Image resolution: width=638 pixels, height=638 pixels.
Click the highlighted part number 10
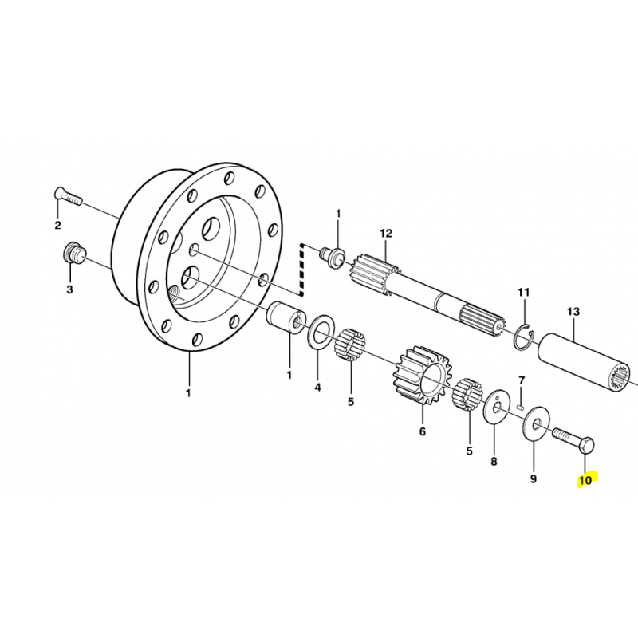[585, 480]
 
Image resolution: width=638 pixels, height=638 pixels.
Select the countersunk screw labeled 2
[68, 195]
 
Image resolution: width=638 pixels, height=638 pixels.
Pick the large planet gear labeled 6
[423, 376]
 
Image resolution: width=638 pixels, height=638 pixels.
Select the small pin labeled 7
[520, 406]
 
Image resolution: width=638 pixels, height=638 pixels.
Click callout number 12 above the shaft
[386, 234]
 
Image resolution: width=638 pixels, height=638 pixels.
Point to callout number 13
[573, 312]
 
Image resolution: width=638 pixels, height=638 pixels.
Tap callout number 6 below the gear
[423, 431]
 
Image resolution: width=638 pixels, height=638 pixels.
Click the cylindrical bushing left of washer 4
[285, 317]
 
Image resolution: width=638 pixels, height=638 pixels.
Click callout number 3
[69, 289]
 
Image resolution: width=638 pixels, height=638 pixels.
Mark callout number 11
[524, 292]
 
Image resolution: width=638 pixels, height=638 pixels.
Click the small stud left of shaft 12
[333, 255]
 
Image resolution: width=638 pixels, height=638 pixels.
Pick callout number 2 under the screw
[57, 225]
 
